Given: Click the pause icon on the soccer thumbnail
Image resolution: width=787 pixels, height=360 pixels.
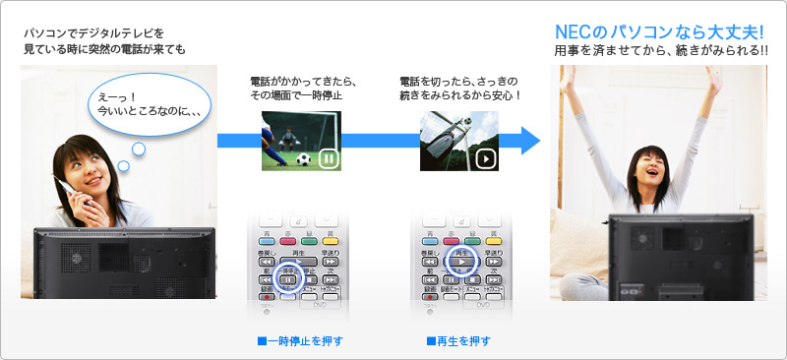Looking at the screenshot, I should point(330,158).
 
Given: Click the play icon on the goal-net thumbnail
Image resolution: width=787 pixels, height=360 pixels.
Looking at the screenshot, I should point(484,157).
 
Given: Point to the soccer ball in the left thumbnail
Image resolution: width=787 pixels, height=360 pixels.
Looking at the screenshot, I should point(303,157).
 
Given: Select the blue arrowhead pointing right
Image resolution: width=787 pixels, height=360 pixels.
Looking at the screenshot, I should point(530,141).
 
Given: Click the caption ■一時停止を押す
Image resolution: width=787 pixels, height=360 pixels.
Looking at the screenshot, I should point(298,341).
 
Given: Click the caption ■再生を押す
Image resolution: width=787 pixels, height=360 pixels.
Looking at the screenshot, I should point(458,341).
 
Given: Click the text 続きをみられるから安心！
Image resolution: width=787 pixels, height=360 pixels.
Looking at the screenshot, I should point(460,95).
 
